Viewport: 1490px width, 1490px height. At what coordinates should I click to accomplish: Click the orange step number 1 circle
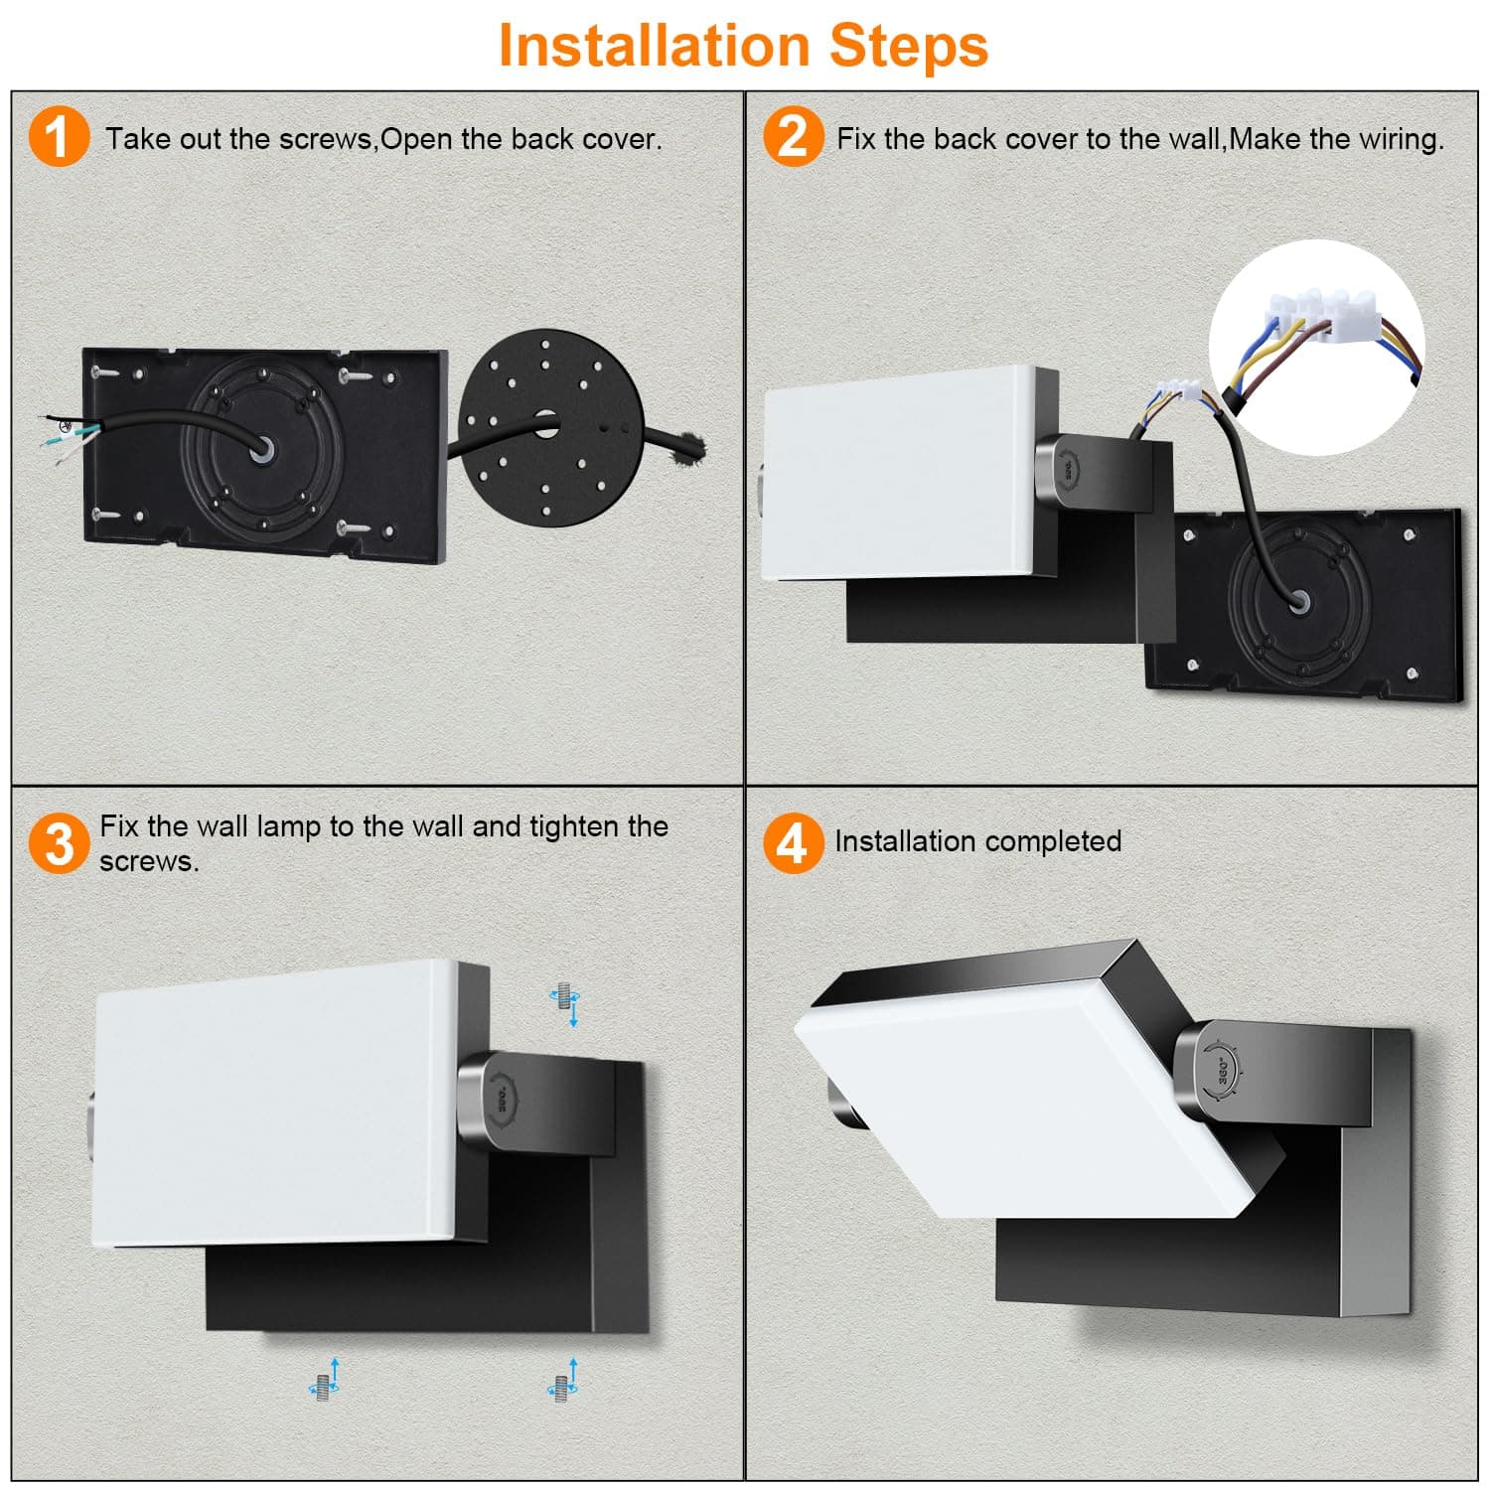coord(60,137)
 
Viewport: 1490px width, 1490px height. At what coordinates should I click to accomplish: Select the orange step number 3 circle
coord(60,843)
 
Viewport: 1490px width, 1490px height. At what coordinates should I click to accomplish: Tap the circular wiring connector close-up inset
coord(1317,348)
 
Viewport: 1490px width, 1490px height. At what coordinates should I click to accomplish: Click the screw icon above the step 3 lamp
coord(565,1004)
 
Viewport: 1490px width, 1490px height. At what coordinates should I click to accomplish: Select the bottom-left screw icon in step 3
coord(325,1379)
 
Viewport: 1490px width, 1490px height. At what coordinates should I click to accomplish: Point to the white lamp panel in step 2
coord(902,474)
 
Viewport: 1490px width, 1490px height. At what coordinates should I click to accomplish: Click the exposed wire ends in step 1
coord(68,435)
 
